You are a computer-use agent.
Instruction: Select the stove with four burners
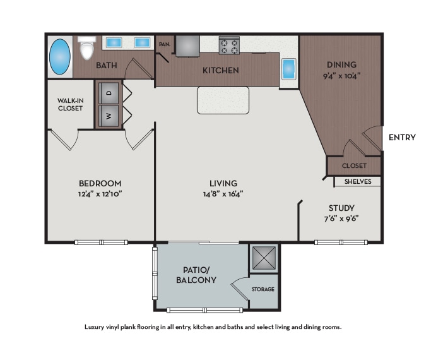click(228, 45)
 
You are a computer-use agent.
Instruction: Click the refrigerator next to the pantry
click(187, 45)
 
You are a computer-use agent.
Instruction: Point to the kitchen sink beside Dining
click(288, 68)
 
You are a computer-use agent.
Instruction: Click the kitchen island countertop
click(223, 100)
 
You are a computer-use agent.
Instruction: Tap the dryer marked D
click(109, 93)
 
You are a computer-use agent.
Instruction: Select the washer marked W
click(109, 116)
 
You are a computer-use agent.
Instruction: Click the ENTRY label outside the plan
click(402, 137)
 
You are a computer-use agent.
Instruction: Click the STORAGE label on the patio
click(263, 289)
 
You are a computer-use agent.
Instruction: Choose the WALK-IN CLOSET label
click(70, 104)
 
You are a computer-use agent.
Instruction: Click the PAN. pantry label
click(165, 44)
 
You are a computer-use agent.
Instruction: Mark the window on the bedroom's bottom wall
click(100, 243)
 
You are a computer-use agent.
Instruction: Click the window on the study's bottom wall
click(341, 243)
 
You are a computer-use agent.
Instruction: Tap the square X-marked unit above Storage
click(264, 258)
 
